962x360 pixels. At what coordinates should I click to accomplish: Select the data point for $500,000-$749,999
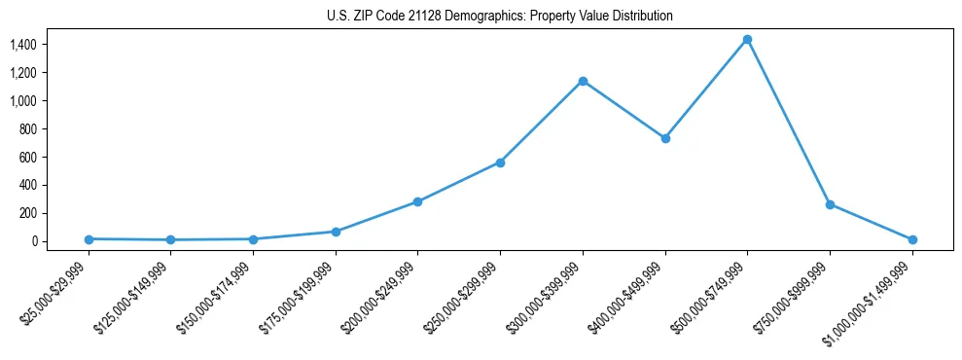747,40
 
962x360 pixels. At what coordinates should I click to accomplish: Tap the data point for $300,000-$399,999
583,81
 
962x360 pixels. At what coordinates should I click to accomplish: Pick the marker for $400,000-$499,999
665,138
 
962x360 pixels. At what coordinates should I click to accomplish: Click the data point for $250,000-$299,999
500,162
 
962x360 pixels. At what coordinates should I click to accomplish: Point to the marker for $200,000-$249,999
417,201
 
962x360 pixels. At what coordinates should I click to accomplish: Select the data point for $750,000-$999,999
830,204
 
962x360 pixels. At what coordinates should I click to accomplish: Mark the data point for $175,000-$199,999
336,232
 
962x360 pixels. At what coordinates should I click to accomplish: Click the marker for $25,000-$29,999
89,239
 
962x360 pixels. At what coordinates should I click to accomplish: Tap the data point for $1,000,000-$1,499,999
912,239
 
